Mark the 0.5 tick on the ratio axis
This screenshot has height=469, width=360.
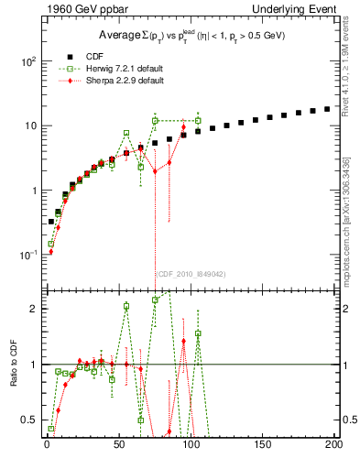pyautogui.click(x=27, y=420)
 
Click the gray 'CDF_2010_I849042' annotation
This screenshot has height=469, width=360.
pyautogui.click(x=191, y=273)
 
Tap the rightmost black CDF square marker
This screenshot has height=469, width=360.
pyautogui.click(x=327, y=109)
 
